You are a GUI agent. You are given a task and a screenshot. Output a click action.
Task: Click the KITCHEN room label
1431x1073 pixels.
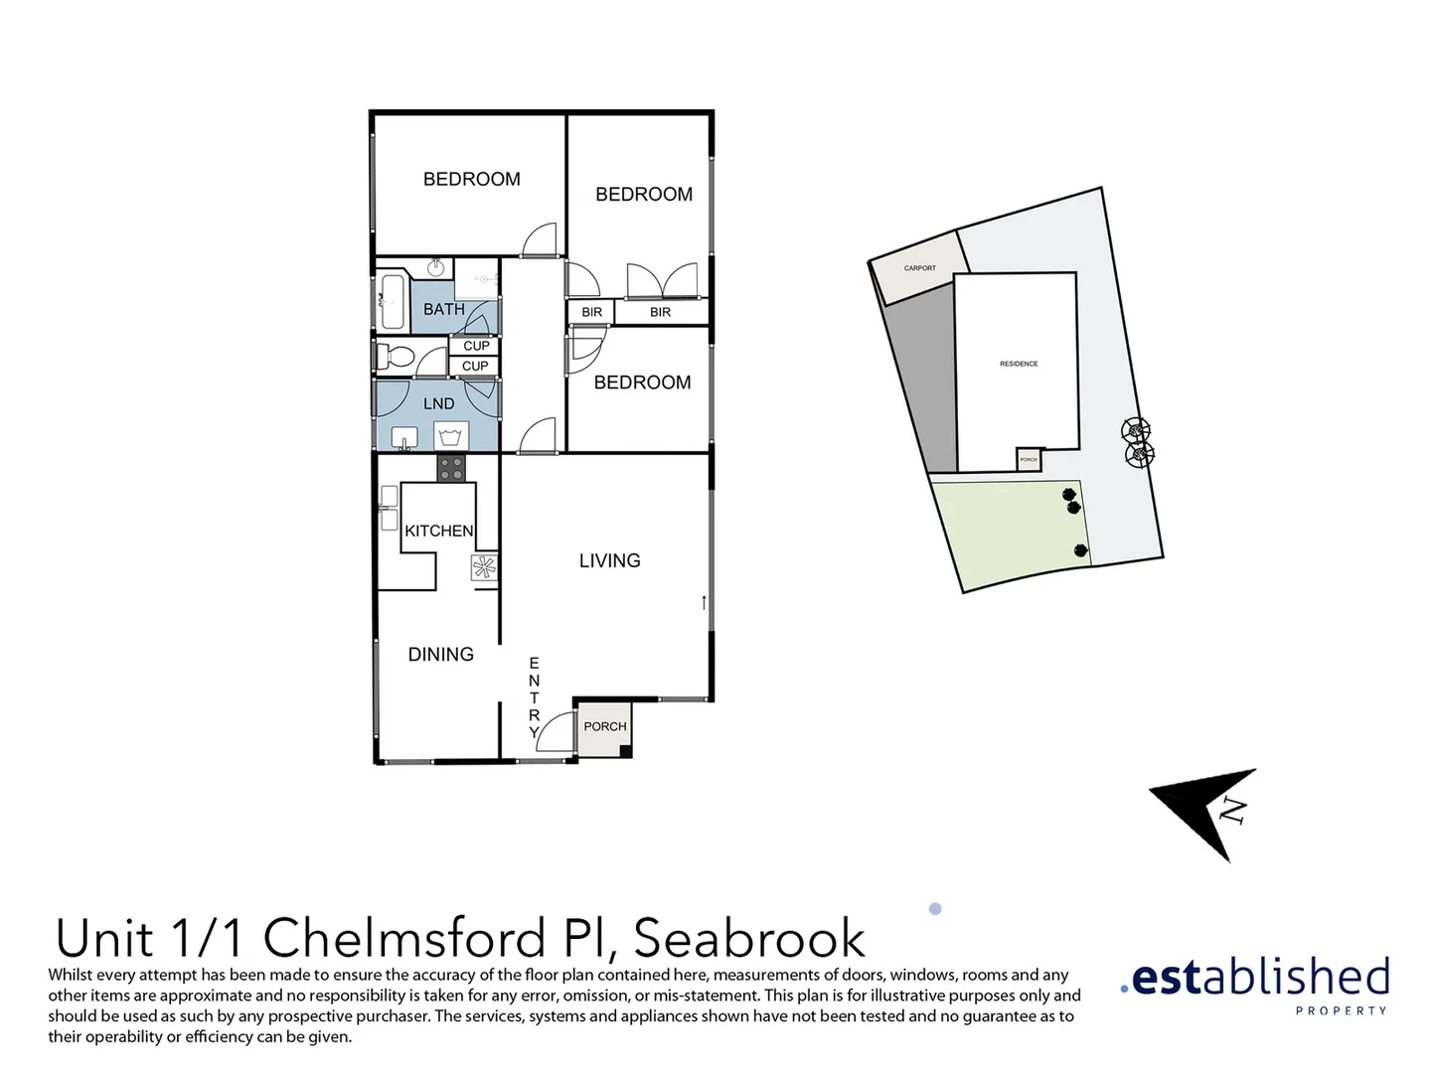[x=438, y=531]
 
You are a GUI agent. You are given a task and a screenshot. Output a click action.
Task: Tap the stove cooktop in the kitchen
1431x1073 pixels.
[x=450, y=468]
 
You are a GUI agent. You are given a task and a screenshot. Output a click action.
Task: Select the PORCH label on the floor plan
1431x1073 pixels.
[x=604, y=726]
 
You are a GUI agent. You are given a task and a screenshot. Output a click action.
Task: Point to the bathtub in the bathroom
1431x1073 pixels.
[x=392, y=303]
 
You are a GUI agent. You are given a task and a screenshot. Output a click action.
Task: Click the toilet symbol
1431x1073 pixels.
[x=399, y=358]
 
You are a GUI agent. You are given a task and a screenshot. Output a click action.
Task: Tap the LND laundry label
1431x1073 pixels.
[x=438, y=403]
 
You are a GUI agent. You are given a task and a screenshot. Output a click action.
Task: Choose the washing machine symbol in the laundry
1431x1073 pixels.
[x=451, y=435]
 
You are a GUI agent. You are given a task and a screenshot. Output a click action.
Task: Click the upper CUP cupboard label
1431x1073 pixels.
[x=476, y=346]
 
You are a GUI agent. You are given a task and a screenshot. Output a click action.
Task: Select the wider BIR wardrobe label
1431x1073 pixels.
[x=660, y=312]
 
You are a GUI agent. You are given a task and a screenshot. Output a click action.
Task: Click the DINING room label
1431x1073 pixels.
[x=440, y=654]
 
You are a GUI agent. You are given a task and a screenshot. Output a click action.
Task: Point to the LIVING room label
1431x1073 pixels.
[x=609, y=560]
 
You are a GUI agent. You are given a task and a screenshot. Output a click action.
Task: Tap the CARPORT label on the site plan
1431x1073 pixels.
[x=919, y=268]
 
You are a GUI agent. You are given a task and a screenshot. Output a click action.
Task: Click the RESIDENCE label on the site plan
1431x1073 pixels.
[x=1019, y=364]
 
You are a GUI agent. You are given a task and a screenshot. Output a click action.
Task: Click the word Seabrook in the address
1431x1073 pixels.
[x=749, y=938]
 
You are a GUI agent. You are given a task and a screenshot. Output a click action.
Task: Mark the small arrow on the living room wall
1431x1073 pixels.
[x=704, y=602]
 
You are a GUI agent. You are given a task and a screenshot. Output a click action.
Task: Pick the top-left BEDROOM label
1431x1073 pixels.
[x=471, y=179]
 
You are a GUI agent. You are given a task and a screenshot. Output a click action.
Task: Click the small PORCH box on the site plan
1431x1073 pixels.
[x=1029, y=460]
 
